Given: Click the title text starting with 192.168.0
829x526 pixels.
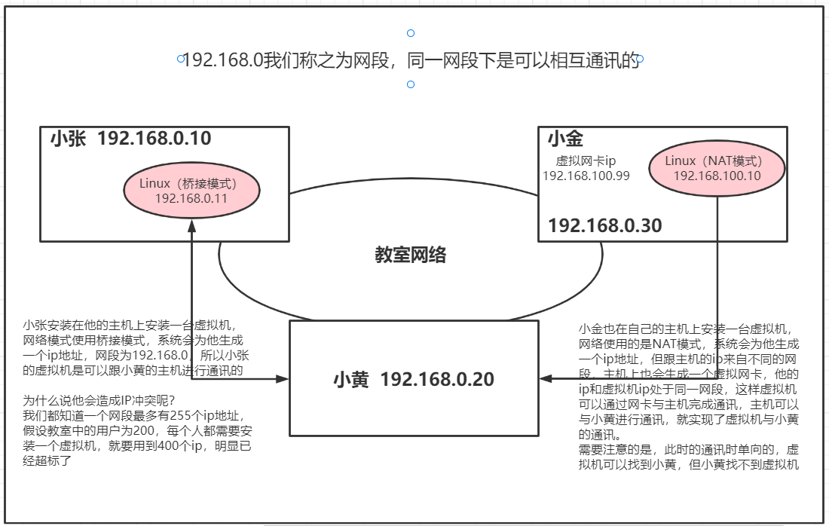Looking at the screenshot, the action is pyautogui.click(x=411, y=60).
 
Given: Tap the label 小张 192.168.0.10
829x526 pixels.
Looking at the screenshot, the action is pyautogui.click(x=130, y=139).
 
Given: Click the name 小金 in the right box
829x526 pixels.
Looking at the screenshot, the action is pyautogui.click(x=565, y=139).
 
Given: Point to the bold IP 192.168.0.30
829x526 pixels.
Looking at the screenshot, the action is pyautogui.click(x=604, y=225).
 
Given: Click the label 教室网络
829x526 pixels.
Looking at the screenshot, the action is pyautogui.click(x=411, y=255).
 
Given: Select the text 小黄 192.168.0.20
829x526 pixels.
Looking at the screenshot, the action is pyautogui.click(x=414, y=379).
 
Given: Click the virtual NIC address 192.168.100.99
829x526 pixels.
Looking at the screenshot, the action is pyautogui.click(x=586, y=176).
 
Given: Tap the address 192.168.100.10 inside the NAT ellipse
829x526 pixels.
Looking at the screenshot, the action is pyautogui.click(x=717, y=176).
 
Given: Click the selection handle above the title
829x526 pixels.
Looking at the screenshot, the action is pyautogui.click(x=411, y=33).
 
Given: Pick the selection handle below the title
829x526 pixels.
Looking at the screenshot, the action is pyautogui.click(x=411, y=84).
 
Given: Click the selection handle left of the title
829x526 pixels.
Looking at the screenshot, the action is pyautogui.click(x=180, y=59).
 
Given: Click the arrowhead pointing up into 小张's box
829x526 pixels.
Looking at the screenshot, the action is pyautogui.click(x=192, y=225).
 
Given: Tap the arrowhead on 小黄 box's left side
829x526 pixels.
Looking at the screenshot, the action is pyautogui.click(x=283, y=378).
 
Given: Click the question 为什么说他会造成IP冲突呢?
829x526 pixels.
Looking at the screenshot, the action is pyautogui.click(x=98, y=399).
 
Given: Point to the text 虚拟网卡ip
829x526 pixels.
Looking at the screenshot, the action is pyautogui.click(x=586, y=161).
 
